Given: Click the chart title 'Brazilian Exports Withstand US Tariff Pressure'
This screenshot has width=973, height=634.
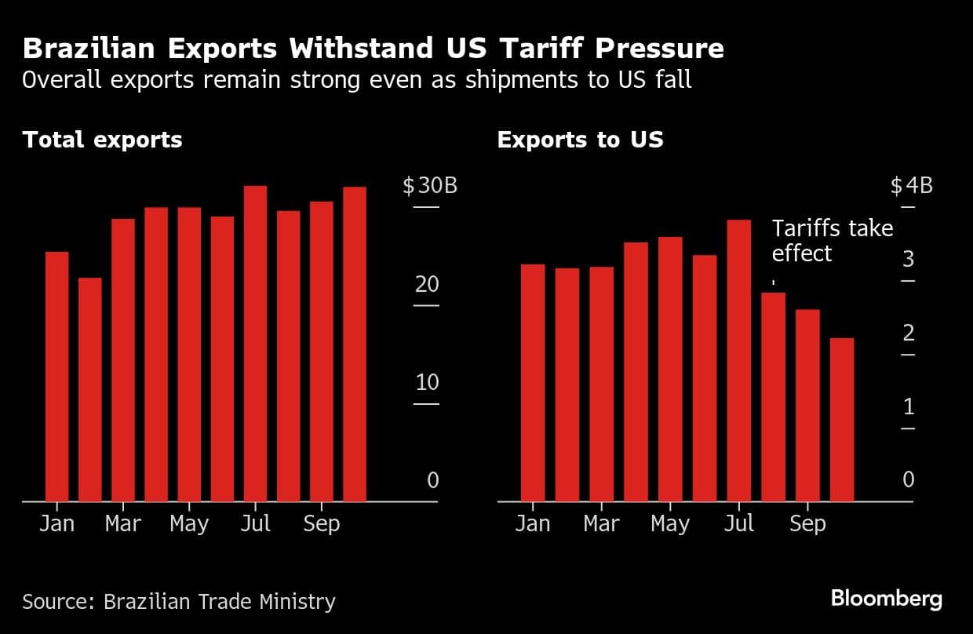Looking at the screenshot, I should pyautogui.click(x=373, y=49).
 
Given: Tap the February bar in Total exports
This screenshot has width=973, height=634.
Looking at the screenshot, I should pyautogui.click(x=90, y=389).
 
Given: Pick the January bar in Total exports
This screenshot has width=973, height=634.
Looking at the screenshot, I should pyautogui.click(x=57, y=376).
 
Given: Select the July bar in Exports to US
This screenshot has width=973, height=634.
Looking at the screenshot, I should pyautogui.click(x=738, y=360).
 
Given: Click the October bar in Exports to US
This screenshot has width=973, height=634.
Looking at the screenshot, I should pyautogui.click(x=842, y=419).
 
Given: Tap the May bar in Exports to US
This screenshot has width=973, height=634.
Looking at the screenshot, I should pyautogui.click(x=669, y=369).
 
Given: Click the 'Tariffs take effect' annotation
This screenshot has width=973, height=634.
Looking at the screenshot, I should pyautogui.click(x=832, y=241).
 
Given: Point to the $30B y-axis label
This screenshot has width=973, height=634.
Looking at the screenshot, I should pyautogui.click(x=430, y=187).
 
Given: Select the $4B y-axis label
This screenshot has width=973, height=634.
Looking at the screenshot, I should pyautogui.click(x=912, y=187).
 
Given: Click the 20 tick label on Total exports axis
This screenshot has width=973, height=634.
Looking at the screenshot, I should pyautogui.click(x=427, y=284).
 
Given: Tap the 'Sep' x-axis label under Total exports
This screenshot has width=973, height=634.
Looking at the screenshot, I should pyautogui.click(x=320, y=523).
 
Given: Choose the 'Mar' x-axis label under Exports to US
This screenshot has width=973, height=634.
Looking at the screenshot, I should pyautogui.click(x=601, y=523).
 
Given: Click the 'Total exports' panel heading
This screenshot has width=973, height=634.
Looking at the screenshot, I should pyautogui.click(x=102, y=140).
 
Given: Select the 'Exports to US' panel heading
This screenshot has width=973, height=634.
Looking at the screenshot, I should pyautogui.click(x=580, y=140).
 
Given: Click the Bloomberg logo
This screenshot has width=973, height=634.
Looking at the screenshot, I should pyautogui.click(x=886, y=599).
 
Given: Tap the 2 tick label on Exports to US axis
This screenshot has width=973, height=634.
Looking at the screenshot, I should pyautogui.click(x=909, y=333).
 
